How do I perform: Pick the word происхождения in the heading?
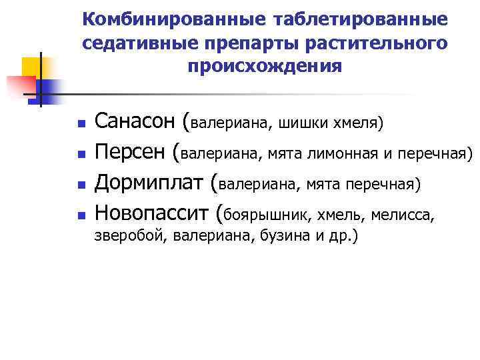tap(265, 67)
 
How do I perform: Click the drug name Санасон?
tap(135, 123)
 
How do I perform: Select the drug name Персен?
tap(130, 153)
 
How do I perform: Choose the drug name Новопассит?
tap(153, 213)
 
